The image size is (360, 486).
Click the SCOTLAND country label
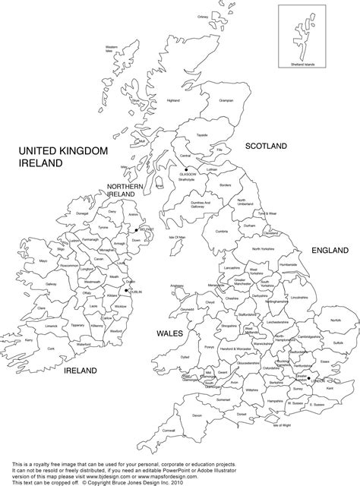point(264,144)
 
